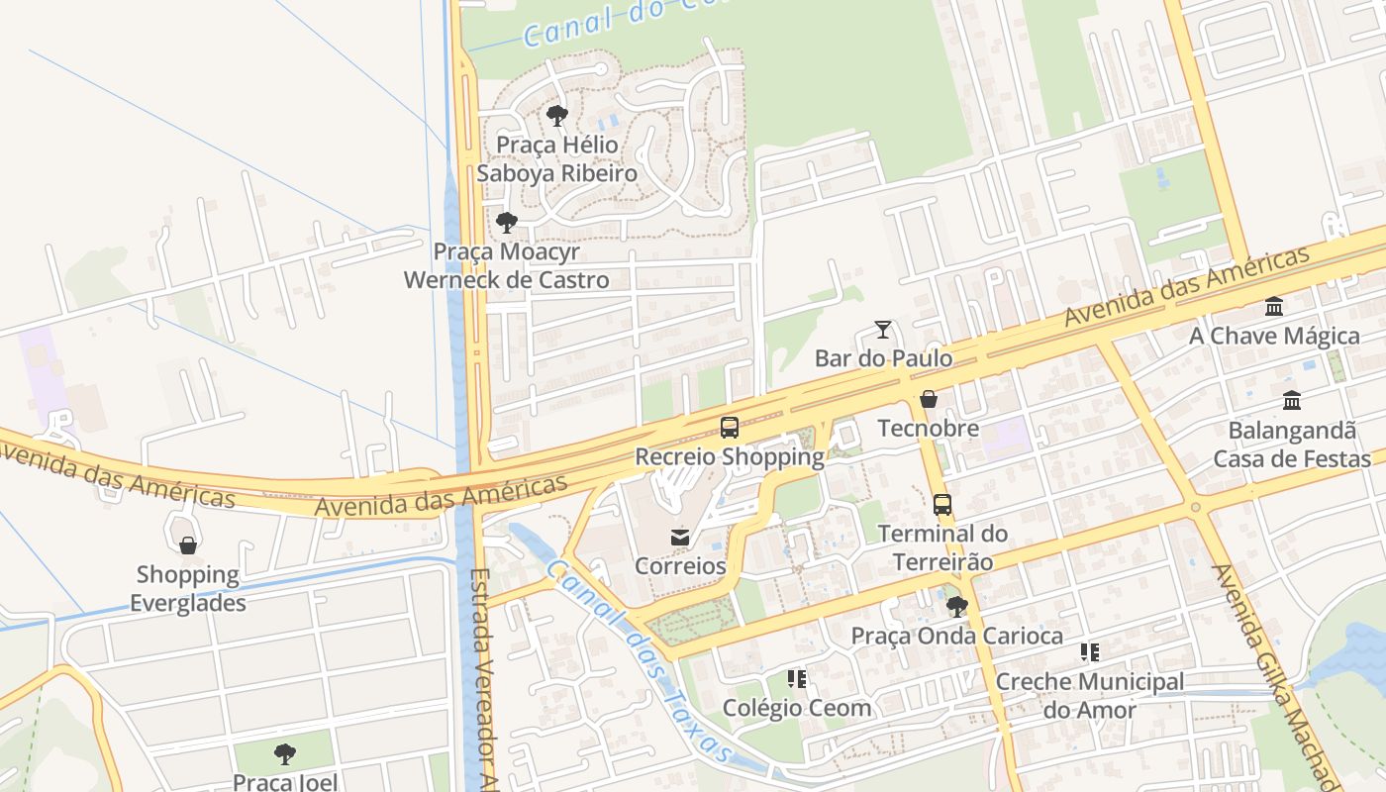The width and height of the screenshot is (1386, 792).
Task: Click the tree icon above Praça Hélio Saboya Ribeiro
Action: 557,116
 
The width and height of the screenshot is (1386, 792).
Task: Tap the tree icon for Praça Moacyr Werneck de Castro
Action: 507,223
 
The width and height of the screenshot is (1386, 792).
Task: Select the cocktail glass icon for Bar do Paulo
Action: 883,330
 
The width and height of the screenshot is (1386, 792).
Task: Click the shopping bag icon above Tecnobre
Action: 929,400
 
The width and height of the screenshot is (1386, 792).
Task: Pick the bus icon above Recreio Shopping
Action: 730,428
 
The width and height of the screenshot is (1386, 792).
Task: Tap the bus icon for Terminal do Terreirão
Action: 942,505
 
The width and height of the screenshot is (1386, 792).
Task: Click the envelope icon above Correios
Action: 680,538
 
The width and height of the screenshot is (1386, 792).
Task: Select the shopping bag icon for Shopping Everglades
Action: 188,545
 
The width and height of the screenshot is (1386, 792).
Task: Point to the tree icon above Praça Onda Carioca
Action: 956,607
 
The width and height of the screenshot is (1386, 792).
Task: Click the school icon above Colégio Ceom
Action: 797,679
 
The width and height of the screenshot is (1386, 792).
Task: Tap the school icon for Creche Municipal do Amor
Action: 1090,652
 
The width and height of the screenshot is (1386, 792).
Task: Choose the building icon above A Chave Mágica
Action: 1274,307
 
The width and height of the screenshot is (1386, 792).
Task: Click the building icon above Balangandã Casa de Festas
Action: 1292,401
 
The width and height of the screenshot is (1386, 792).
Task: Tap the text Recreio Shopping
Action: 730,457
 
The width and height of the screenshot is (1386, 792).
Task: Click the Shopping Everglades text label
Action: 188,588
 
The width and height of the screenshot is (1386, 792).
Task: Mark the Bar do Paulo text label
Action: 883,358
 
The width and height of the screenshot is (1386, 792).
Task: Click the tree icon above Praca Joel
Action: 285,754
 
